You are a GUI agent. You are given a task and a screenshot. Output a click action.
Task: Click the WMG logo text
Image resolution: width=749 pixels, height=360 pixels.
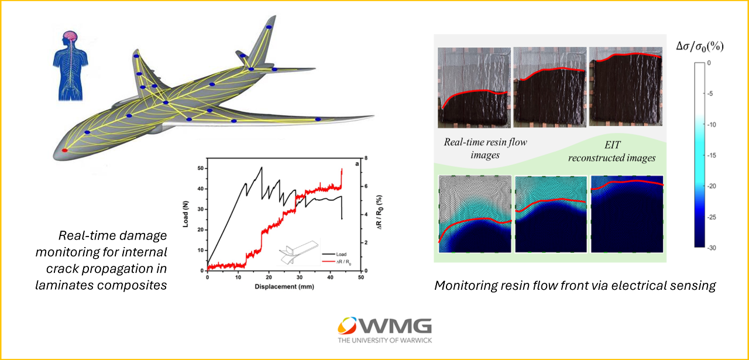(402, 327)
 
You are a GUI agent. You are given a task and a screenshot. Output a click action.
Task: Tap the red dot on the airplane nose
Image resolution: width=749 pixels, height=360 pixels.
(65, 151)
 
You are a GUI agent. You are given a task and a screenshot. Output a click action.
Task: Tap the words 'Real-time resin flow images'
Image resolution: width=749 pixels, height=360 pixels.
(485, 148)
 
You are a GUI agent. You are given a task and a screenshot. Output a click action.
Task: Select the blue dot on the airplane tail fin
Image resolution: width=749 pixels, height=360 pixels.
(269, 28)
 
